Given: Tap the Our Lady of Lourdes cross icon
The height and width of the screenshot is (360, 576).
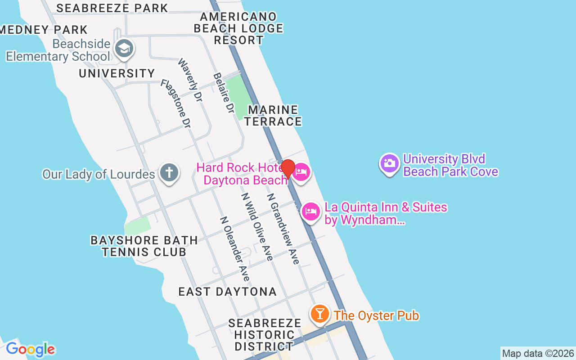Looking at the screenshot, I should [169, 173].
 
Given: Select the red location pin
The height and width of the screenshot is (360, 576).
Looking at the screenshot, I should [288, 169].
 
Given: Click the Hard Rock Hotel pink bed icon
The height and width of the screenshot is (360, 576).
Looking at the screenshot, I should [301, 173].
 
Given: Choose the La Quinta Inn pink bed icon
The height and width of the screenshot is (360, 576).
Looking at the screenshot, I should [310, 212].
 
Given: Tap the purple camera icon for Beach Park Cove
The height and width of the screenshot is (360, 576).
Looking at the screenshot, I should [390, 163].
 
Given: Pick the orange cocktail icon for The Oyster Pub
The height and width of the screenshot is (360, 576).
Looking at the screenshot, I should [320, 314].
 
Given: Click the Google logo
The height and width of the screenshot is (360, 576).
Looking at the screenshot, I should [30, 349].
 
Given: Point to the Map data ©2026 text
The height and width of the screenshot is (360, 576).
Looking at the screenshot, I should [538, 353].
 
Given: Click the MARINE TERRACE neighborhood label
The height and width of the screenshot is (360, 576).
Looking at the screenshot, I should [273, 116].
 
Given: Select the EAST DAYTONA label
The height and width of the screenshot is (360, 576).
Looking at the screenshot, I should [228, 292].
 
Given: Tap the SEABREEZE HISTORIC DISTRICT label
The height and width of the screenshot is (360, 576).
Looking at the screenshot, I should [265, 335].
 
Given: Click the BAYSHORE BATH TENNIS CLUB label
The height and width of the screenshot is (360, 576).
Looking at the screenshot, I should [144, 246].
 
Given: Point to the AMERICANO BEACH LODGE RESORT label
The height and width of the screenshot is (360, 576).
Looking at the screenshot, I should [238, 28].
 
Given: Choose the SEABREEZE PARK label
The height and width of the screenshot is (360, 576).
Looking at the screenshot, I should [112, 8].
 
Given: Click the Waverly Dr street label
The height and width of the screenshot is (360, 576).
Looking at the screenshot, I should [190, 80].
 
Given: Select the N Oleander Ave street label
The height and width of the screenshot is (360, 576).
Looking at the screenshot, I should [234, 249].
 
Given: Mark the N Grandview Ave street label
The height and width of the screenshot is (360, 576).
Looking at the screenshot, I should [283, 229].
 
